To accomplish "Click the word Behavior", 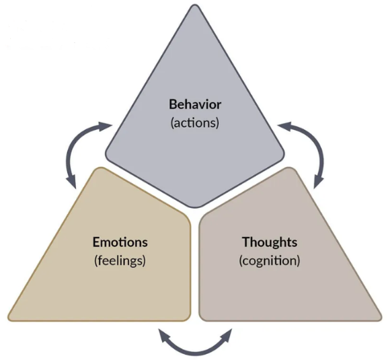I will pyautogui.click(x=194, y=105).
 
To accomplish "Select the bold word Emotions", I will pyautogui.click(x=120, y=242).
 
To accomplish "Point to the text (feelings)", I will pyautogui.click(x=120, y=260).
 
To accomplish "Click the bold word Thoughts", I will pyautogui.click(x=269, y=242).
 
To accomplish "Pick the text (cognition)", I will pyautogui.click(x=269, y=260).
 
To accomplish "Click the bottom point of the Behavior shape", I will pyautogui.click(x=194, y=206).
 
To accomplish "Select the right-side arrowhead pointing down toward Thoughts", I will pyautogui.click(x=317, y=180).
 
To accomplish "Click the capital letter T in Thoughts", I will pyautogui.click(x=245, y=242).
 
